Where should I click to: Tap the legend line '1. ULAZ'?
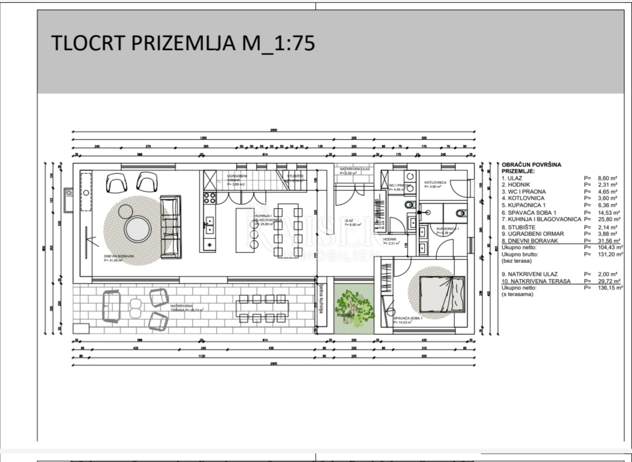[515, 177]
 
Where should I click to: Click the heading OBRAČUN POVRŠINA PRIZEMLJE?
[531, 167]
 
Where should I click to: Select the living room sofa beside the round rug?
[170, 217]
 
